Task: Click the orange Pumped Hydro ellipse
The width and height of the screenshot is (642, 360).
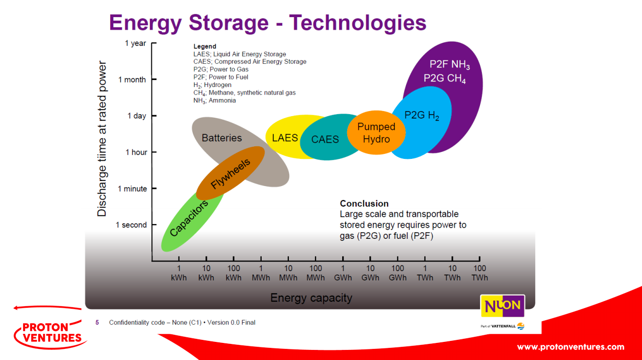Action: coord(376,133)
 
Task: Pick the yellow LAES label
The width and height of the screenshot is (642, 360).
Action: coord(285,137)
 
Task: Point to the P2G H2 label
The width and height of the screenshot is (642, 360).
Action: coord(422,115)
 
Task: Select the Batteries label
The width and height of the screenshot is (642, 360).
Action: coord(222,138)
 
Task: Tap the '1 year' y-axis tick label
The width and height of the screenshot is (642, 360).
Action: coord(135,43)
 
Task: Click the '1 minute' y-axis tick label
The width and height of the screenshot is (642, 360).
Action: coord(132,189)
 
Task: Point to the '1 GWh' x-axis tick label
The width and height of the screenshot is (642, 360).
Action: coord(343,273)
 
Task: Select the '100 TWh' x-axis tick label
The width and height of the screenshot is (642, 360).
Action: coord(479,273)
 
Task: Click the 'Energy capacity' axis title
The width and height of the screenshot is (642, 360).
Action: coord(311,298)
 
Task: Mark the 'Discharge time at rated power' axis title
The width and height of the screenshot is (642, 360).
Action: coord(102,139)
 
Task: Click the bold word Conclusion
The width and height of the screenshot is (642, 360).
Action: coord(364,204)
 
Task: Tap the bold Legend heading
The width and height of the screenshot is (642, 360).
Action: coord(205,46)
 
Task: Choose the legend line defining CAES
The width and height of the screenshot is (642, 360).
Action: coord(250,62)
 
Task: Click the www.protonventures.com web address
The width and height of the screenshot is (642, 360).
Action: coord(571,347)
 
